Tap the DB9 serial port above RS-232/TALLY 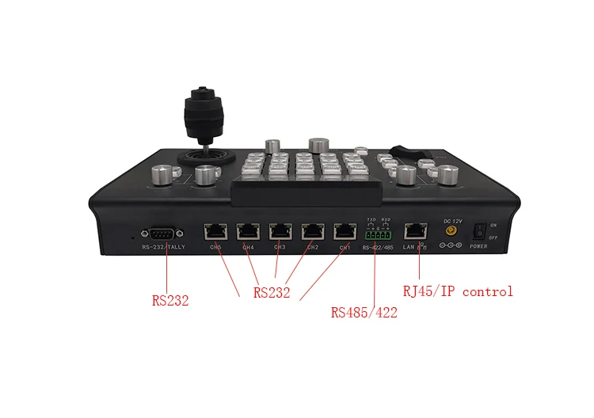pyautogui.click(x=162, y=233)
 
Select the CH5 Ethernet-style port pyautogui.click(x=215, y=232)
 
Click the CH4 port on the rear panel pyautogui.click(x=248, y=232)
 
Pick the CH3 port pyautogui.click(x=280, y=232)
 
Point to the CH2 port pyautogui.click(x=313, y=232)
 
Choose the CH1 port pyautogui.click(x=345, y=232)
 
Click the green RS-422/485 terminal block pyautogui.click(x=378, y=234)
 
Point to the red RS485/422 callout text pyautogui.click(x=364, y=312)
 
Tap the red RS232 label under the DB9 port pyautogui.click(x=170, y=301)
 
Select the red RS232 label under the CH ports pyautogui.click(x=272, y=293)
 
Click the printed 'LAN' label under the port pyautogui.click(x=409, y=248)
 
